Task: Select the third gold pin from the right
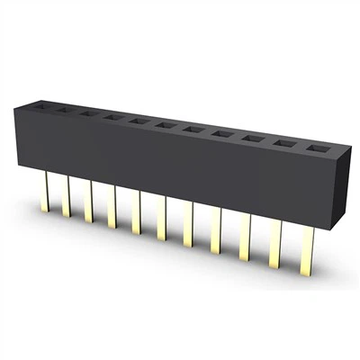point(245,236)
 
